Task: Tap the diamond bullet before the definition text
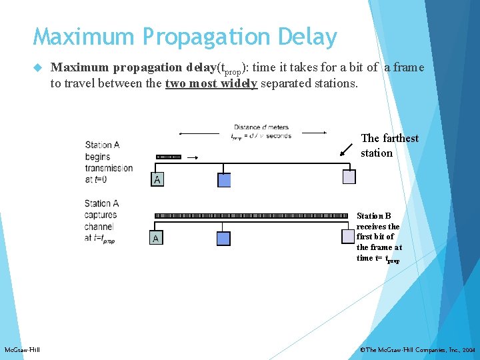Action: click(37, 68)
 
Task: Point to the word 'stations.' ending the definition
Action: click(335, 84)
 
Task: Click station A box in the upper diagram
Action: click(157, 179)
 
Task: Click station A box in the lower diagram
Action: click(156, 238)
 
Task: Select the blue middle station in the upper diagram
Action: click(224, 180)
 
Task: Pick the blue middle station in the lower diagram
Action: click(223, 238)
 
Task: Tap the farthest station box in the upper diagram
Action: click(349, 177)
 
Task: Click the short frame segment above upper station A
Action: click(169, 157)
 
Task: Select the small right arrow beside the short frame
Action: click(192, 158)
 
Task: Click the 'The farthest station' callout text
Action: click(389, 145)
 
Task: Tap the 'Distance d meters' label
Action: click(261, 127)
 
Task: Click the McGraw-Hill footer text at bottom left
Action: click(22, 350)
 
